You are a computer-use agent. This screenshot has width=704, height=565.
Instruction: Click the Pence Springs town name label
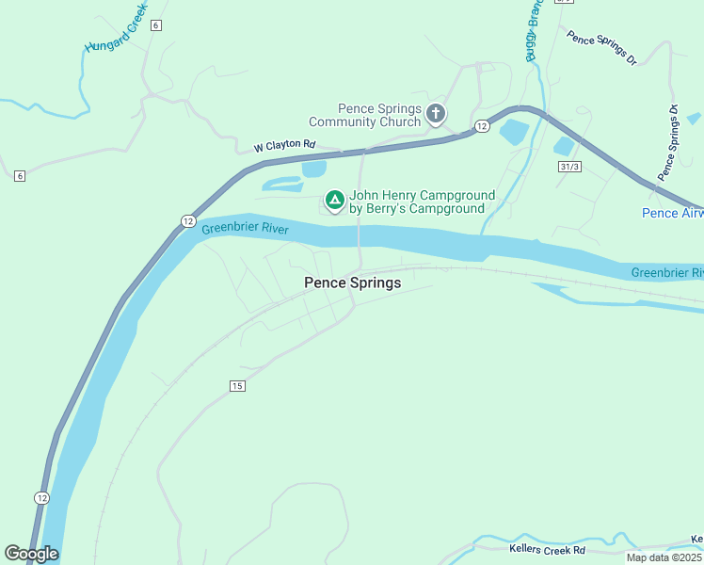point(353,282)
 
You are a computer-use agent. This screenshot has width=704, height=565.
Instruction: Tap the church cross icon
point(435,115)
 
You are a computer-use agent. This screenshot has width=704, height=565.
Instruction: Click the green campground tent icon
point(334,200)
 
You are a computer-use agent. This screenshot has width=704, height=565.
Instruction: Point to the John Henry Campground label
point(422,202)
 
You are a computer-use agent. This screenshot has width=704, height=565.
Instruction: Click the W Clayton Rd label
point(283,147)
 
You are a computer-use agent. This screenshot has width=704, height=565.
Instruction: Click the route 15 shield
point(236,386)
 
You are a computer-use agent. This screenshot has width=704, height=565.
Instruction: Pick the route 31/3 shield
point(568,167)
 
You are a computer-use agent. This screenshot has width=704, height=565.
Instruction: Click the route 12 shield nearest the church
point(481,126)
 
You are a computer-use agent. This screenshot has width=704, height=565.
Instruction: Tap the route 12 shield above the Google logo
point(41,497)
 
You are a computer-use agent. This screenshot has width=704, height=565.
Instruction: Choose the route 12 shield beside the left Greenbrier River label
point(188,221)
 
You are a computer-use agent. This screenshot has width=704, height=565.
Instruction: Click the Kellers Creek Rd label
point(547,550)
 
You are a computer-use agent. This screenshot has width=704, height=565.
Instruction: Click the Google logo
point(31,554)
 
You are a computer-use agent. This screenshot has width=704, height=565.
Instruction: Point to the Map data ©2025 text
point(664,557)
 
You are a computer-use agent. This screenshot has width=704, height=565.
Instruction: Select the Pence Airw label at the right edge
point(672,214)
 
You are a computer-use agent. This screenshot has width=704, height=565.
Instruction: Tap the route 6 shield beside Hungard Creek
point(155,25)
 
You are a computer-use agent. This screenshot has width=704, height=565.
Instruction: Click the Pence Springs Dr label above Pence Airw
point(669,141)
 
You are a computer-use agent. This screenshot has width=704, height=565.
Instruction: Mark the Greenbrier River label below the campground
point(245,229)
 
